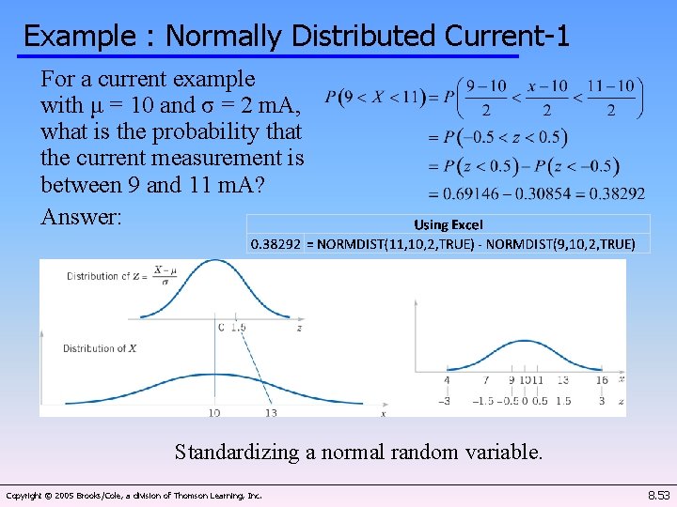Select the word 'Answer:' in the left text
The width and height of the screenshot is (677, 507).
click(81, 217)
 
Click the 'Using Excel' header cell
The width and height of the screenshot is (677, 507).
click(448, 224)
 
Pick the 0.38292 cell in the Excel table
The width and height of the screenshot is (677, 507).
click(276, 244)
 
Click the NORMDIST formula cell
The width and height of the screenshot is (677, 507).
click(477, 244)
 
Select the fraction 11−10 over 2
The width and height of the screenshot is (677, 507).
click(610, 98)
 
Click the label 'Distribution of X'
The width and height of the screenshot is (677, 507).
click(101, 348)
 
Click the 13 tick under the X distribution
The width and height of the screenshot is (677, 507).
click(270, 412)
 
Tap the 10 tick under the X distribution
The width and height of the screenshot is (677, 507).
click(214, 412)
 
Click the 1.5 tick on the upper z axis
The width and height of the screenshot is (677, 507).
click(239, 328)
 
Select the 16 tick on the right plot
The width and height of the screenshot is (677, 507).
click(602, 380)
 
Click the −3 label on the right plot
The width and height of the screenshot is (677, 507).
click(446, 401)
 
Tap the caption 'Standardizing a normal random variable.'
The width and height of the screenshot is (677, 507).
click(358, 452)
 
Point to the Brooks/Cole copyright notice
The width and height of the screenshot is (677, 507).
click(134, 495)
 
